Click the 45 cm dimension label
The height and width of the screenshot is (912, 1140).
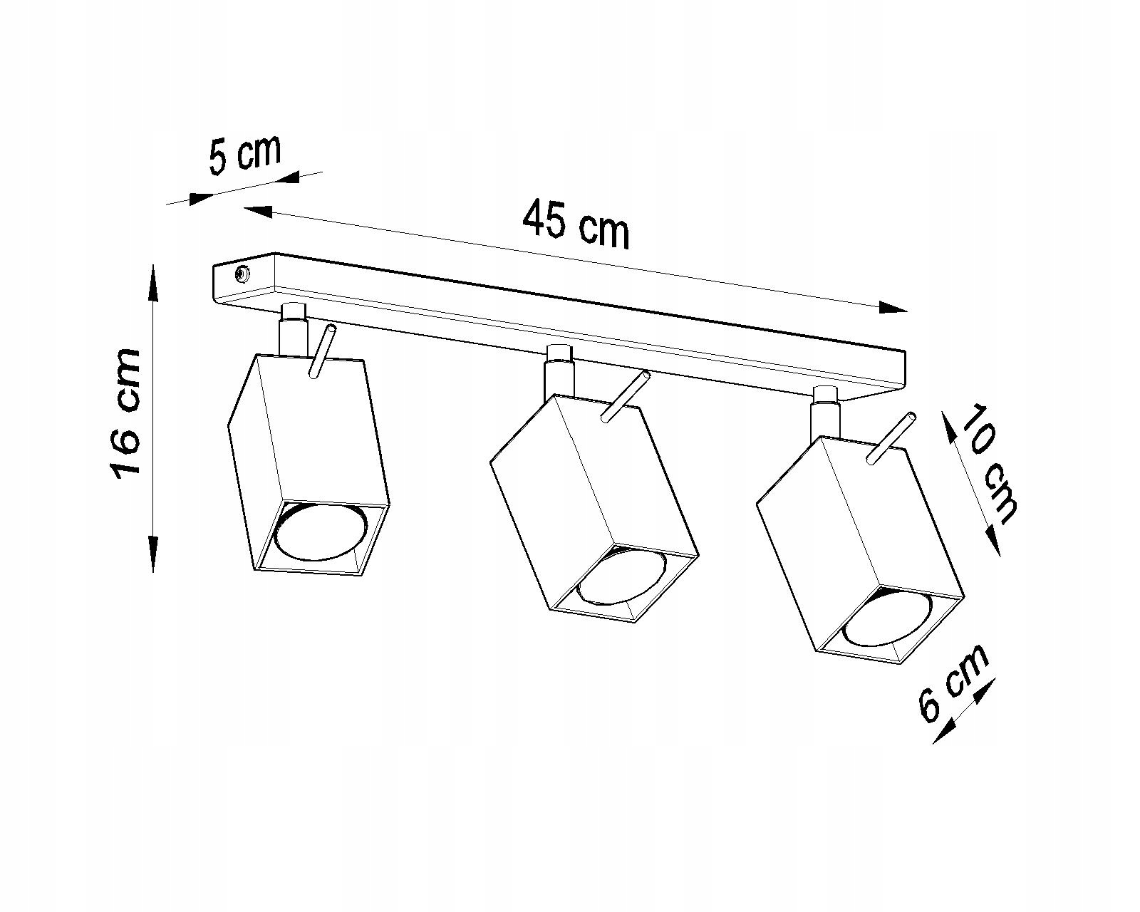pos(576,224)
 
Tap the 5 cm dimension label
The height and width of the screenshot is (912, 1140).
pos(244,155)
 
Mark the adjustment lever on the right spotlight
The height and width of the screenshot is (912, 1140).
pos(891,437)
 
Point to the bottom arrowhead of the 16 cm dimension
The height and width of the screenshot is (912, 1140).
pos(152,556)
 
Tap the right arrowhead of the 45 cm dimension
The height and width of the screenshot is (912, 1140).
pos(893,308)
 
